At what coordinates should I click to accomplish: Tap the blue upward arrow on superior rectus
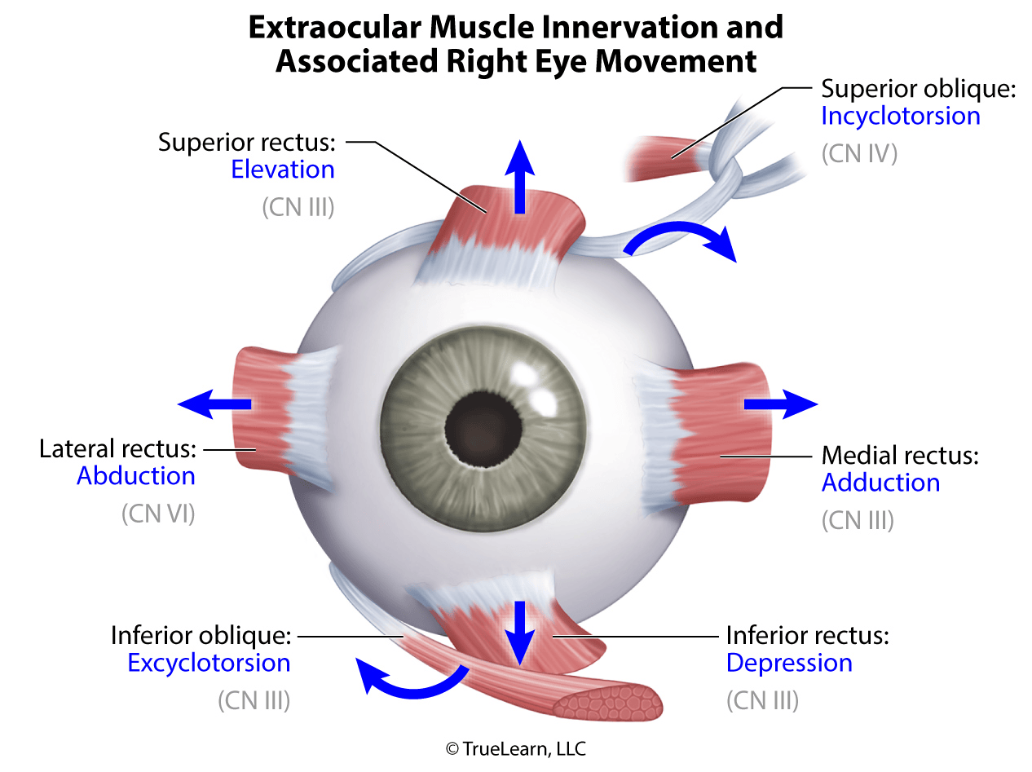(x=518, y=179)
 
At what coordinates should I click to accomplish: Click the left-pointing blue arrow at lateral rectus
(x=214, y=404)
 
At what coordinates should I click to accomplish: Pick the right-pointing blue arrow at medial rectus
(x=779, y=404)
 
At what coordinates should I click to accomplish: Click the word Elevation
(x=282, y=170)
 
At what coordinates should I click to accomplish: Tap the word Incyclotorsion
(x=900, y=116)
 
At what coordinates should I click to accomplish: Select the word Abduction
(x=135, y=475)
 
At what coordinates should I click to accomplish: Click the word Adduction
(x=880, y=483)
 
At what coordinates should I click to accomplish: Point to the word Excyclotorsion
(x=209, y=663)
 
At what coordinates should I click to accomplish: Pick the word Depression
(x=789, y=663)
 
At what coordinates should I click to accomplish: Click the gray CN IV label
(x=858, y=153)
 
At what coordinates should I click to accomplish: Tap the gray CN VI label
(x=158, y=514)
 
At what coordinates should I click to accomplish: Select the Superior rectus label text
(x=246, y=143)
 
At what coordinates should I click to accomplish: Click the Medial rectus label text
(x=899, y=455)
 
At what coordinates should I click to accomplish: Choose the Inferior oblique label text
(x=201, y=634)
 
